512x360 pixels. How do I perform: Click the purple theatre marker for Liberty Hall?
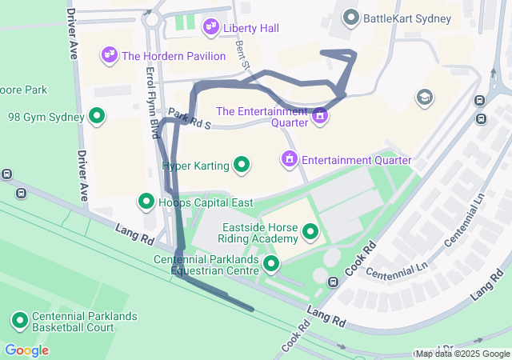(x=211, y=28)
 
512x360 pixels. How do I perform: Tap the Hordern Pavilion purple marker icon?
(x=109, y=55)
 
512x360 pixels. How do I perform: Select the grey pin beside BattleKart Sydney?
(x=350, y=17)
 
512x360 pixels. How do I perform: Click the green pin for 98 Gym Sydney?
(x=97, y=117)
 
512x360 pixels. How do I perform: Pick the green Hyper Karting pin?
(x=241, y=166)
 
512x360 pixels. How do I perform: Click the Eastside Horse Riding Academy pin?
(x=310, y=233)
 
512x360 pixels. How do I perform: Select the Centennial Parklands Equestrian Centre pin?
(x=271, y=263)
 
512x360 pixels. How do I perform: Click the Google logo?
(x=26, y=350)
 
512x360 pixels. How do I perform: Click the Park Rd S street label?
(x=190, y=120)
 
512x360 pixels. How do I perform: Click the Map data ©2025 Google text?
(x=462, y=354)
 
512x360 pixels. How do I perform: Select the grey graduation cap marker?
(x=424, y=98)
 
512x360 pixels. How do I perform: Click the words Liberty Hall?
(x=250, y=28)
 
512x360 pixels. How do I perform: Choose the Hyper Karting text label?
(x=196, y=166)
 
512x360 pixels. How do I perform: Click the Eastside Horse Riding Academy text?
(x=260, y=232)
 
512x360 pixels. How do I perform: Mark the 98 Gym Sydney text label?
(x=46, y=117)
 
